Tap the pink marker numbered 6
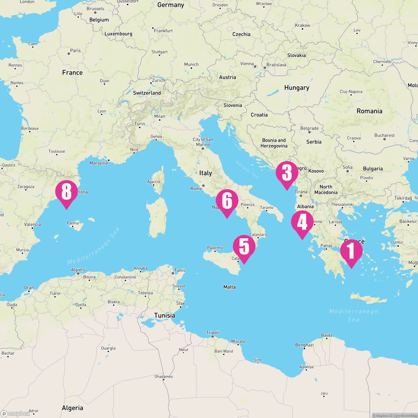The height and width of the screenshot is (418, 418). (x=227, y=201)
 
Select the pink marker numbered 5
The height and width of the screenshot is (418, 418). (x=244, y=247)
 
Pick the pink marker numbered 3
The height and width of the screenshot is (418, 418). (x=287, y=173)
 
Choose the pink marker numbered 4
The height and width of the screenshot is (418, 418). (x=302, y=222)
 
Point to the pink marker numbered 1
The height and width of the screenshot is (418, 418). (x=351, y=251)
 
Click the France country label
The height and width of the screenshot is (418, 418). (x=72, y=72)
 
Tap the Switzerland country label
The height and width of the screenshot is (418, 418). (x=147, y=93)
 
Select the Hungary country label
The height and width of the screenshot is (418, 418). (x=296, y=88)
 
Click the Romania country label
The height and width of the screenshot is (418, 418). (x=369, y=111)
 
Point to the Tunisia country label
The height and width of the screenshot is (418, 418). (x=165, y=315)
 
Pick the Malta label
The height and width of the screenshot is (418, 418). (x=229, y=287)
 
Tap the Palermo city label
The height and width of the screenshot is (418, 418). (x=215, y=248)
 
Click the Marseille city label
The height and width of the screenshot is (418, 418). (x=99, y=163)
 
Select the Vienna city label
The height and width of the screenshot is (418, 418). (x=247, y=64)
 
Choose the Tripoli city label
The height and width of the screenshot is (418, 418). (x=212, y=333)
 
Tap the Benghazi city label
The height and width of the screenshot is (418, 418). (x=304, y=345)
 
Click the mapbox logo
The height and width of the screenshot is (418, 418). (x=16, y=413)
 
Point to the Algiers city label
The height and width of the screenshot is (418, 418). (x=78, y=270)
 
